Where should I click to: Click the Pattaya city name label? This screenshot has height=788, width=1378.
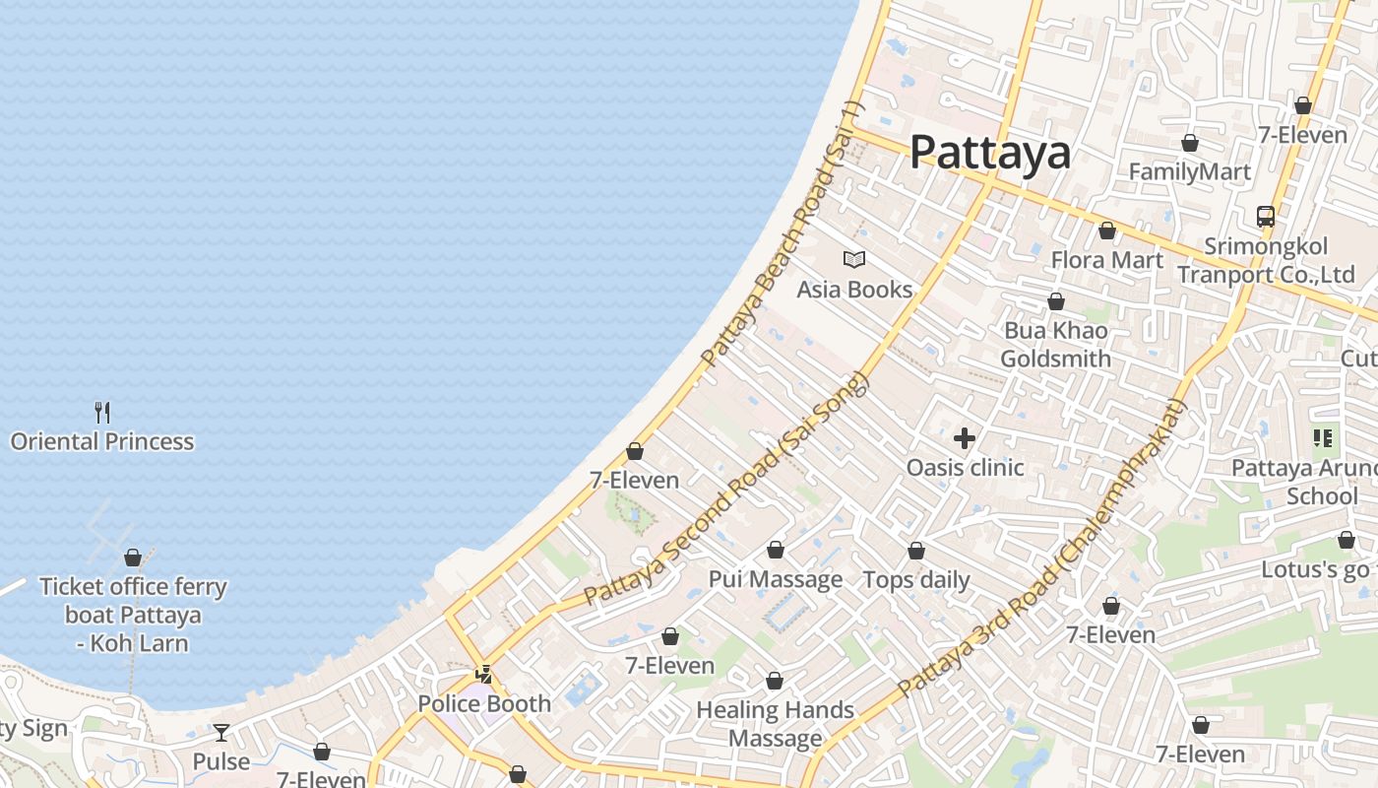tap(989, 153)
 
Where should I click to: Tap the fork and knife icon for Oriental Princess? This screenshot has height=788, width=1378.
tap(102, 412)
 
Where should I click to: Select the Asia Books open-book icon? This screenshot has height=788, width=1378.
tap(854, 260)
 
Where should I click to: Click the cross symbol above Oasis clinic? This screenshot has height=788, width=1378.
tap(965, 437)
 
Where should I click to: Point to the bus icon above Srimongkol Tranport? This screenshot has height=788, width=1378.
tap(1266, 217)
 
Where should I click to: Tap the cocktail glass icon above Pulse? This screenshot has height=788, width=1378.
tap(221, 733)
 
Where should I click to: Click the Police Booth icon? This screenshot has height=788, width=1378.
tap(483, 675)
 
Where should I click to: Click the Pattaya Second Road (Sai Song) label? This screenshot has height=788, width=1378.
tap(727, 489)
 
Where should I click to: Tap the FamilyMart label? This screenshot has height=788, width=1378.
tap(1189, 172)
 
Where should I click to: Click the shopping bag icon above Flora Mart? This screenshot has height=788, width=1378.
tap(1107, 231)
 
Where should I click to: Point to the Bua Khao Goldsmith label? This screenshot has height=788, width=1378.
tap(1055, 345)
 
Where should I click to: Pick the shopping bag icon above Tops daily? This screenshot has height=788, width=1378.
tap(916, 551)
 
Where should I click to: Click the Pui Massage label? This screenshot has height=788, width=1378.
tap(776, 579)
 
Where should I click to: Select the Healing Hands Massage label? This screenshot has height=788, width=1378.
tap(775, 724)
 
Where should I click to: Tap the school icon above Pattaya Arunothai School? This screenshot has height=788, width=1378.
tap(1322, 438)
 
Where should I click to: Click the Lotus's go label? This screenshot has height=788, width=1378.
tap(1315, 569)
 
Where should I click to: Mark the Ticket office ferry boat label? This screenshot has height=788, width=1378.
tap(133, 615)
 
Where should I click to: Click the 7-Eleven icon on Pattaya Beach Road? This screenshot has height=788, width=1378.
tap(635, 452)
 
